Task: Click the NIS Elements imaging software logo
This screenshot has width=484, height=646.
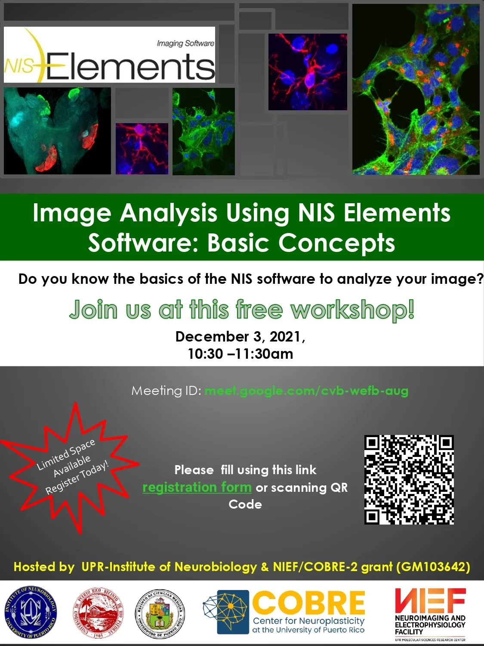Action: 109,55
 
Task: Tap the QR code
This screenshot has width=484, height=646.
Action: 409,479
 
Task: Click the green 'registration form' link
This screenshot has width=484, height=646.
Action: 197,488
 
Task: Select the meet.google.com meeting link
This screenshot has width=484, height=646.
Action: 306,391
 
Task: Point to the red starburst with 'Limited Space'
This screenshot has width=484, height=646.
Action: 71,467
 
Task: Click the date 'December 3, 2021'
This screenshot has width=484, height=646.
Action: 240,336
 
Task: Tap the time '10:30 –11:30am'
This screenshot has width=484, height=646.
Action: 240,354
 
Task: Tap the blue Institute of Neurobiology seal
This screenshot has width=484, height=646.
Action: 30,612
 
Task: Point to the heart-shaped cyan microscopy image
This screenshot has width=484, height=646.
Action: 57,131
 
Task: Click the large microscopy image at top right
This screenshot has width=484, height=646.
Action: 416,89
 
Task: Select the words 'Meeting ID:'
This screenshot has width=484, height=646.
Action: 166,391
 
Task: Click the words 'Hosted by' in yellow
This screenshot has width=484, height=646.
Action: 44,566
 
